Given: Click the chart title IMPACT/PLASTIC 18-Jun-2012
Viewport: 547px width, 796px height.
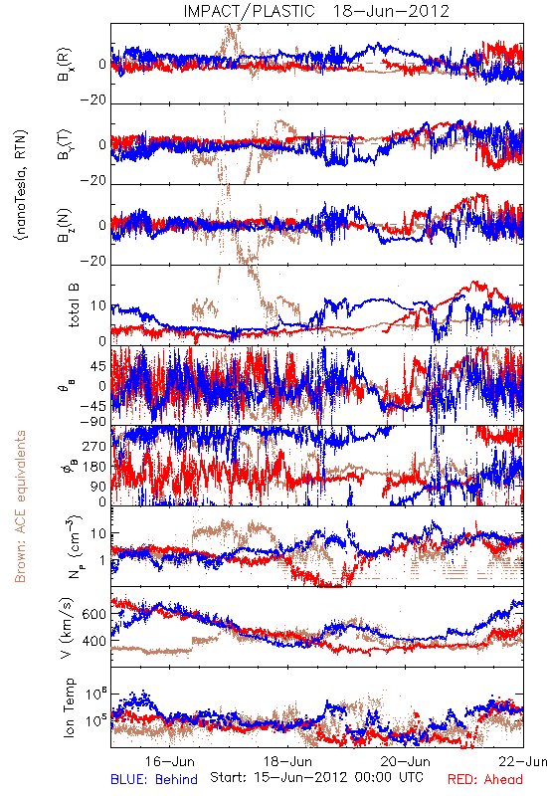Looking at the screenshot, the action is (316, 11).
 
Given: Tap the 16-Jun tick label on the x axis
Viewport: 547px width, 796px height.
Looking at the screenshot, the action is (169, 761).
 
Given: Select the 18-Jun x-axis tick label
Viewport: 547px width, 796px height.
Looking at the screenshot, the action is (287, 761).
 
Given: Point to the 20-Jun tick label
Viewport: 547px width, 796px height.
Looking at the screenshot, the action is (406, 761).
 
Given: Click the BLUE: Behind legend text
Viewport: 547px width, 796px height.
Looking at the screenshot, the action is (154, 779).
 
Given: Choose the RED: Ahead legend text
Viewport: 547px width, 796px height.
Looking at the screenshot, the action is (485, 779).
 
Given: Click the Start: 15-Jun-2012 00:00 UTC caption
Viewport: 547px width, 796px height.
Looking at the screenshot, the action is (316, 777).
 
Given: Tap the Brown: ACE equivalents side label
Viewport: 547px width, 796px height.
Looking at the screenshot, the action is (20, 506).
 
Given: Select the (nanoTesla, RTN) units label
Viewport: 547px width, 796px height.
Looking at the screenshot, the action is (21, 185).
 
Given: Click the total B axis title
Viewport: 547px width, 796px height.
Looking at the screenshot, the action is (73, 305).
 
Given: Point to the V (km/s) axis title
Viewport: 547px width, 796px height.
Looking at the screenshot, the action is (67, 628).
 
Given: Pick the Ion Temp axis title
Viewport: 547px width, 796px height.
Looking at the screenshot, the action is (69, 707).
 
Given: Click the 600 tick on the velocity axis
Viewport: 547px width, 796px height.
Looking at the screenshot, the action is (94, 614).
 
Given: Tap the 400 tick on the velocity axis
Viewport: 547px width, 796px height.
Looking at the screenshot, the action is (94, 641).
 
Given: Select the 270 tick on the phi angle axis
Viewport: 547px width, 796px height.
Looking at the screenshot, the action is (94, 446).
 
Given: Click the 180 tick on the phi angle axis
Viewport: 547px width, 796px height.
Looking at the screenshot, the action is (94, 467).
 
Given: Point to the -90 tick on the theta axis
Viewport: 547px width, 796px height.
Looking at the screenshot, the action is (93, 422).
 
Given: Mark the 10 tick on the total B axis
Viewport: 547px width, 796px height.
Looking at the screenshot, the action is (98, 306).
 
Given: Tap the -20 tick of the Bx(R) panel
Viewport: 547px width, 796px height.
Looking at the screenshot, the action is (93, 99).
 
